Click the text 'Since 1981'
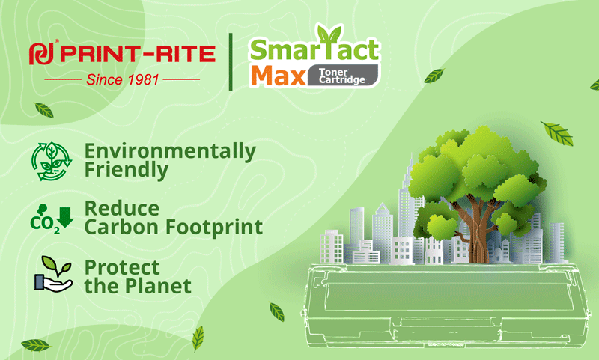[x=122, y=79]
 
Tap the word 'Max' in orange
[x=279, y=76]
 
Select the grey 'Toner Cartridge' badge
[x=343, y=75]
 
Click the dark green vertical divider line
[x=231, y=62]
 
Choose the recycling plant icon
[x=52, y=161]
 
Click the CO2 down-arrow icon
[x=52, y=219]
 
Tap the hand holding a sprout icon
[x=53, y=274]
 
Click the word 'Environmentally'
[x=170, y=151]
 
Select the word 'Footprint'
[x=214, y=227]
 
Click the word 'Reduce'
[x=122, y=209]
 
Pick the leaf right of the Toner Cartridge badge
[x=434, y=76]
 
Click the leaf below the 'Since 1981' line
[x=44, y=110]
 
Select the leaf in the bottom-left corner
[x=35, y=345]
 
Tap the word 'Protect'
[x=122, y=267]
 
